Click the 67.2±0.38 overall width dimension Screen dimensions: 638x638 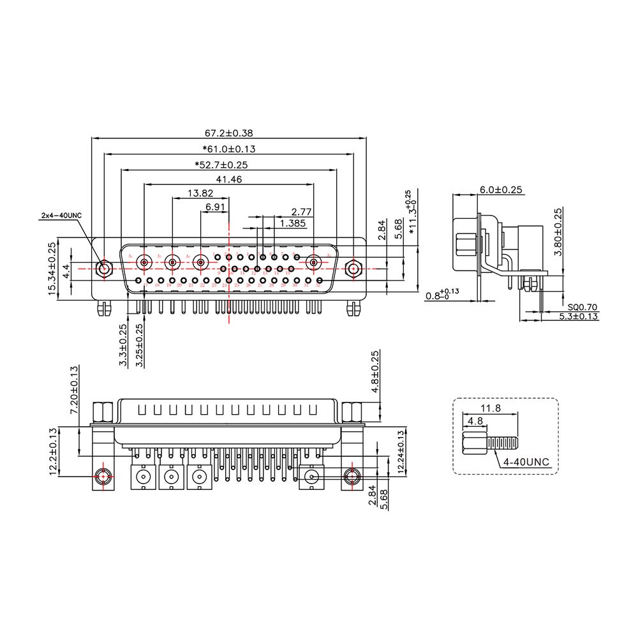click(228, 133)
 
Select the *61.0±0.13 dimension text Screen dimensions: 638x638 click(228, 149)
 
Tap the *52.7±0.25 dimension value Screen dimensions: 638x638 click(221, 165)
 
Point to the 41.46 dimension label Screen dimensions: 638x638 click(228, 180)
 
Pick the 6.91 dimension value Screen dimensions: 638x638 click(215, 207)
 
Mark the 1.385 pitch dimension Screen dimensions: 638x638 click(292, 223)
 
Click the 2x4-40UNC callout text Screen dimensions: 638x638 click(61, 216)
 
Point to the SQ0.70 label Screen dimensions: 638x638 click(584, 308)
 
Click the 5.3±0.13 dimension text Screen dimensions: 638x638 click(579, 316)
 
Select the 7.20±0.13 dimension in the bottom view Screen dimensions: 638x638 click(75, 390)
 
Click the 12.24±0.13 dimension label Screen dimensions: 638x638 click(401, 452)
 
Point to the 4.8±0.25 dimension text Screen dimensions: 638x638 click(375, 371)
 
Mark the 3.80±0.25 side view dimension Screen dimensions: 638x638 click(558, 233)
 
